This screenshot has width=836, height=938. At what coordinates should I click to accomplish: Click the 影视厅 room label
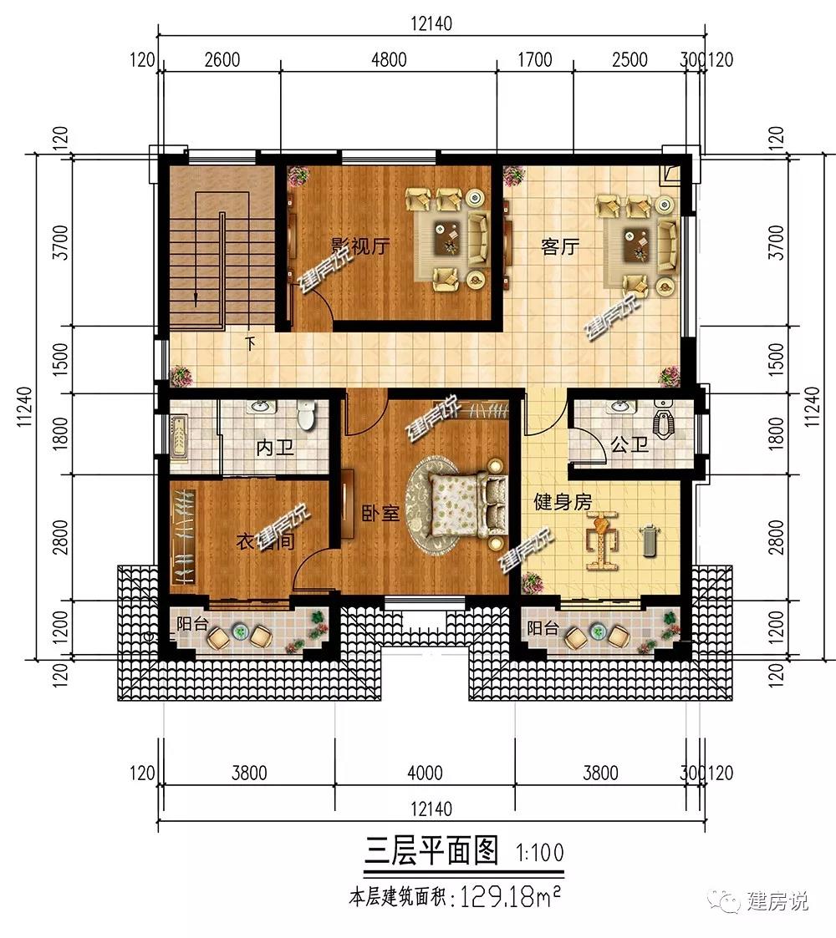point(360,246)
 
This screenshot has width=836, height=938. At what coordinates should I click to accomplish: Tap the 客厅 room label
point(560,246)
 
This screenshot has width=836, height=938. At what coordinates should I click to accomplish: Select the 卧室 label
point(380,513)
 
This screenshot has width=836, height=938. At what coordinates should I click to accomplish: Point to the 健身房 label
point(563,501)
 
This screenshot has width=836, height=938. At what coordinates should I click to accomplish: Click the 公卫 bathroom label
point(630,444)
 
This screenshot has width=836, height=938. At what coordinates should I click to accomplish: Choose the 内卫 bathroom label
point(275,447)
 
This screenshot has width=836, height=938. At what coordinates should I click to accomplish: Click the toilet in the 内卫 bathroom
point(306,414)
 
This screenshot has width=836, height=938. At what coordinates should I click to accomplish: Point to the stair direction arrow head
point(196,299)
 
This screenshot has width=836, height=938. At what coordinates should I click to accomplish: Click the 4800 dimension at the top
point(389,59)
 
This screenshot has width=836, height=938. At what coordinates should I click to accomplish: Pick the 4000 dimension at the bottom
point(425,773)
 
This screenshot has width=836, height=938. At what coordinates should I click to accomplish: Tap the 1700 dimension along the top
point(534,59)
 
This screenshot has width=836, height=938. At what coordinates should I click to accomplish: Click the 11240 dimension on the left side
point(24,406)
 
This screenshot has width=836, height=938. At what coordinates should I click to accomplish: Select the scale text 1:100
point(539,852)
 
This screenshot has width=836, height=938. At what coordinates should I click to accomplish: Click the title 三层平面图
point(431,849)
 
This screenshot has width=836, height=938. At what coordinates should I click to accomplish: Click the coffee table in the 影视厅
point(447,237)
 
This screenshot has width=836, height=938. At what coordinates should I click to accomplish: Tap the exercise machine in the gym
point(601,540)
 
